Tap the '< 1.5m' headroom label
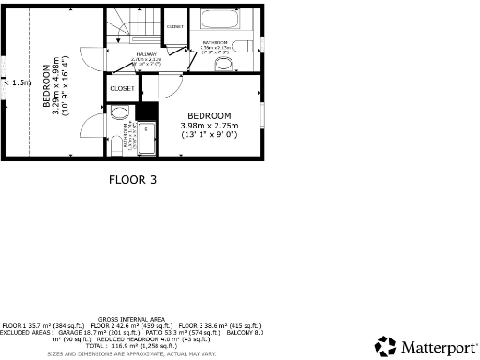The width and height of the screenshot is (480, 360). coord(17,82)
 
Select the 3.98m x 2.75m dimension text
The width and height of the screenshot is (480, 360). coord(209,126)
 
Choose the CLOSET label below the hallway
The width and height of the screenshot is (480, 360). coord(122,88)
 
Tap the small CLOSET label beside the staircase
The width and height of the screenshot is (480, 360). coord(175,27)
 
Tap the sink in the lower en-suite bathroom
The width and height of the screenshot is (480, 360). coord(118,112)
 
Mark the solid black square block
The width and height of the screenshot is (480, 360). coord(144,112)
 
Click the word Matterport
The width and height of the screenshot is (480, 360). coord(436,347)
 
